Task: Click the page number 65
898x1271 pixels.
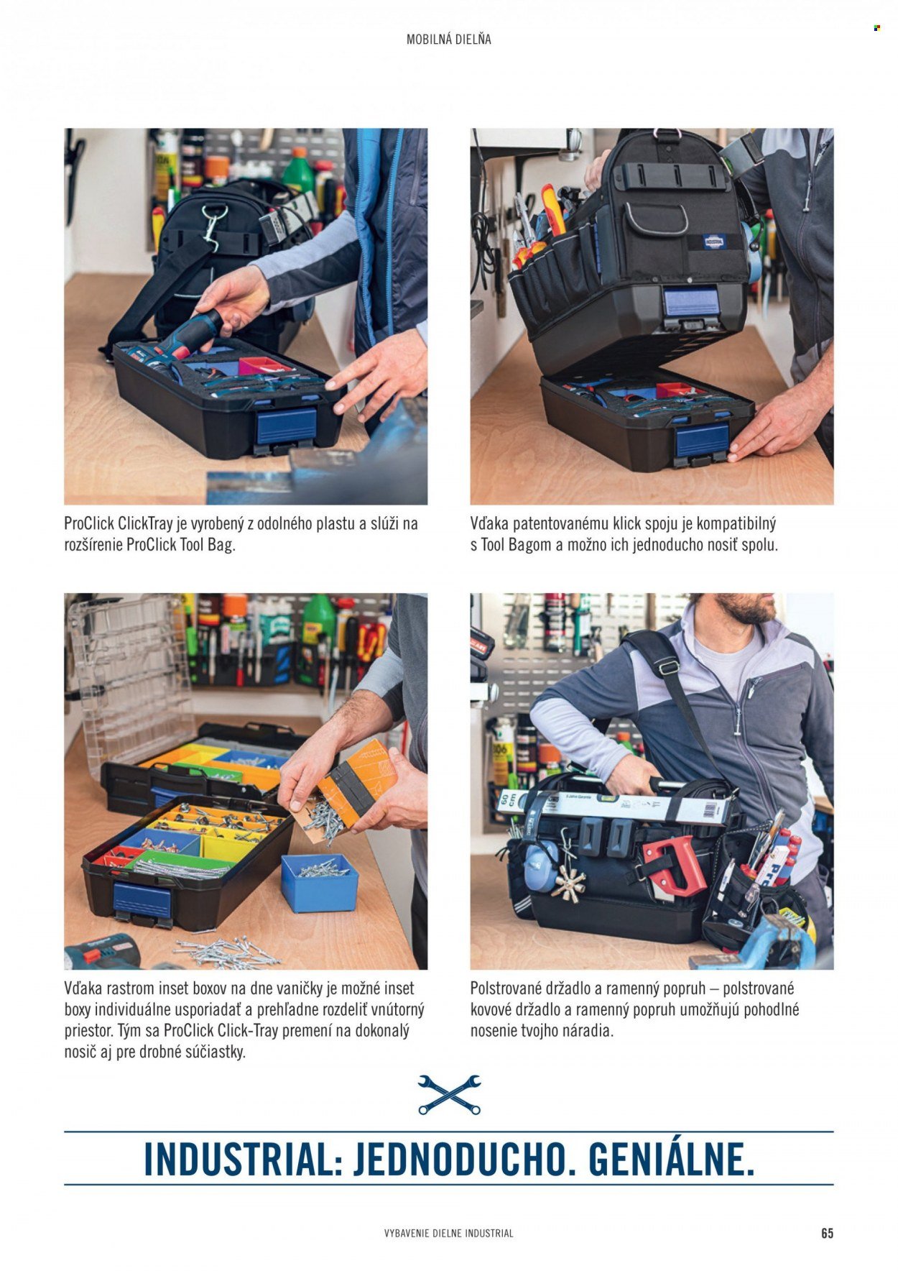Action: (x=827, y=1233)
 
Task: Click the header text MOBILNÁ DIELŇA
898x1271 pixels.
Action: (x=449, y=40)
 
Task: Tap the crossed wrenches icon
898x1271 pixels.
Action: (x=449, y=1095)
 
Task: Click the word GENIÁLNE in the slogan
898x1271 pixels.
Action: (x=671, y=1159)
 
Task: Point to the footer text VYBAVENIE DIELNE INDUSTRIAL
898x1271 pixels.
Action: (x=449, y=1234)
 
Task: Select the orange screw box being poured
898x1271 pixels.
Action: (x=358, y=784)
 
